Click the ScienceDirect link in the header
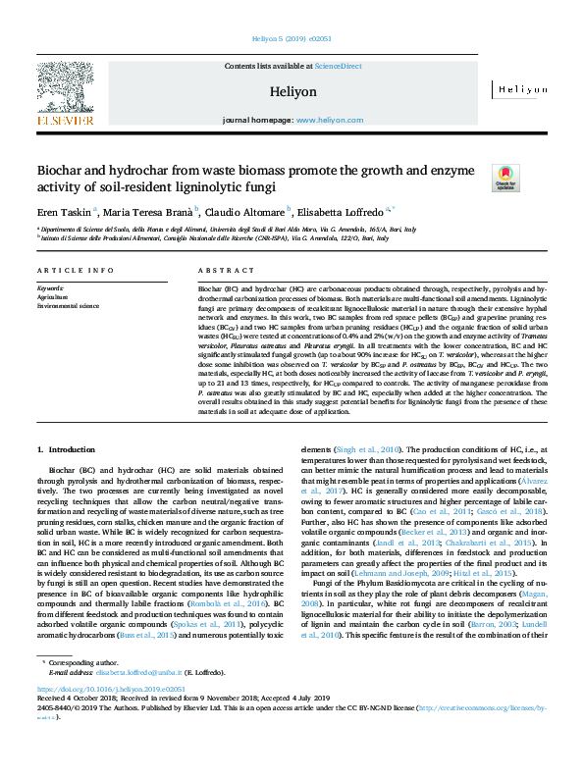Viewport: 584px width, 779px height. [338, 66]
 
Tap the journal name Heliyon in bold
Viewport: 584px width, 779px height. [292, 91]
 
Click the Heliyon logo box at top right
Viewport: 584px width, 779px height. [520, 88]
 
